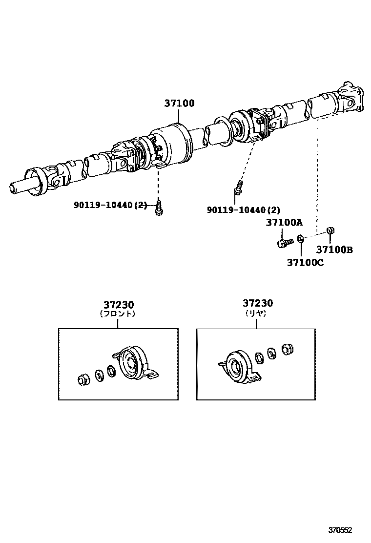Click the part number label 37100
tap(179, 104)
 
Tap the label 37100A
tap(284, 223)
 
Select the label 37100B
tap(334, 250)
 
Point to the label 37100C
tap(305, 262)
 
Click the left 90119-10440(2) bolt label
tap(110, 206)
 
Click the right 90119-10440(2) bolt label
tap(244, 210)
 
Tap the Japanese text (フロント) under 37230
tap(118, 314)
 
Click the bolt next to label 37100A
tap(284, 242)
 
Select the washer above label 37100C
tap(301, 239)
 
